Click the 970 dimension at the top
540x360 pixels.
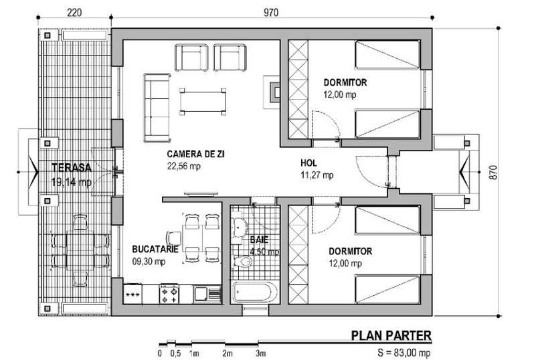(x=271, y=13)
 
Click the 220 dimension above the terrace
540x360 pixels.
(x=74, y=13)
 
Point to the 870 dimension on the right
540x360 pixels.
(x=493, y=172)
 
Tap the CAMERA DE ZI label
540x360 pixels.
(x=195, y=154)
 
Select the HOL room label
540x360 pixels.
(x=308, y=163)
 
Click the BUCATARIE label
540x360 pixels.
(x=155, y=249)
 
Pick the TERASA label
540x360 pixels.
(x=72, y=168)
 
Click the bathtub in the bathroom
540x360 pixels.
(x=255, y=292)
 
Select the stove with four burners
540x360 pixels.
(x=169, y=294)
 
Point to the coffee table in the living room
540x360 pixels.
(x=203, y=102)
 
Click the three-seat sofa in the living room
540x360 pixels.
(x=157, y=108)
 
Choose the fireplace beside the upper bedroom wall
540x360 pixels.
(x=272, y=92)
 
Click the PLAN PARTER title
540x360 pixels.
(x=391, y=335)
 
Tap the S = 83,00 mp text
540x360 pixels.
(x=404, y=353)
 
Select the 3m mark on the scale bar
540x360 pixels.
(x=260, y=353)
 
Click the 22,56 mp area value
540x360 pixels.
(x=184, y=166)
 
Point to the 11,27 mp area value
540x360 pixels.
(x=317, y=175)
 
